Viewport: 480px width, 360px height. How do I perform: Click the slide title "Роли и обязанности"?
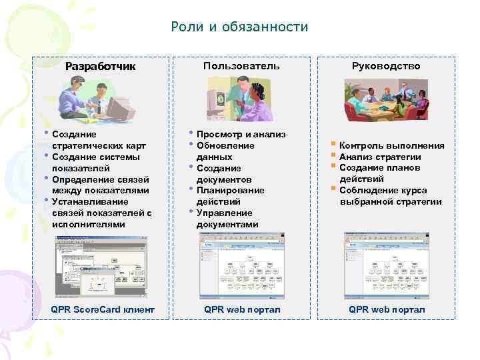click(x=239, y=27)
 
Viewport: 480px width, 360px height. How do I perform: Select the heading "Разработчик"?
click(x=100, y=66)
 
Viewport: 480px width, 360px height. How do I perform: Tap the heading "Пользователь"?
click(x=241, y=66)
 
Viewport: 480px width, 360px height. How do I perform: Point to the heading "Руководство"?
click(x=386, y=66)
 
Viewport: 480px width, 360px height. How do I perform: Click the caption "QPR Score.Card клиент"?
click(x=103, y=310)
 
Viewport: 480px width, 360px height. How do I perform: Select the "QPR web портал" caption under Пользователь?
click(x=242, y=310)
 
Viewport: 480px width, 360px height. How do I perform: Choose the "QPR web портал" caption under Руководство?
click(x=387, y=310)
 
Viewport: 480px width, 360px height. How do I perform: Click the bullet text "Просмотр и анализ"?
click(x=241, y=135)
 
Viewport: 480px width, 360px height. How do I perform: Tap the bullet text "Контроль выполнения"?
click(x=391, y=146)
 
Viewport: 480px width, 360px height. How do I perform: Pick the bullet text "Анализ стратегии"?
click(x=380, y=157)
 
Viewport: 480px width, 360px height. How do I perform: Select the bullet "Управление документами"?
click(x=227, y=219)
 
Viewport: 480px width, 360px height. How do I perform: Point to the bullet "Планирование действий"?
click(x=230, y=196)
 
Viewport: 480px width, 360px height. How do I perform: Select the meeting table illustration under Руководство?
click(x=387, y=99)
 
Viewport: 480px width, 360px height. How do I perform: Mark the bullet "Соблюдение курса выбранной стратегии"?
click(x=390, y=196)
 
